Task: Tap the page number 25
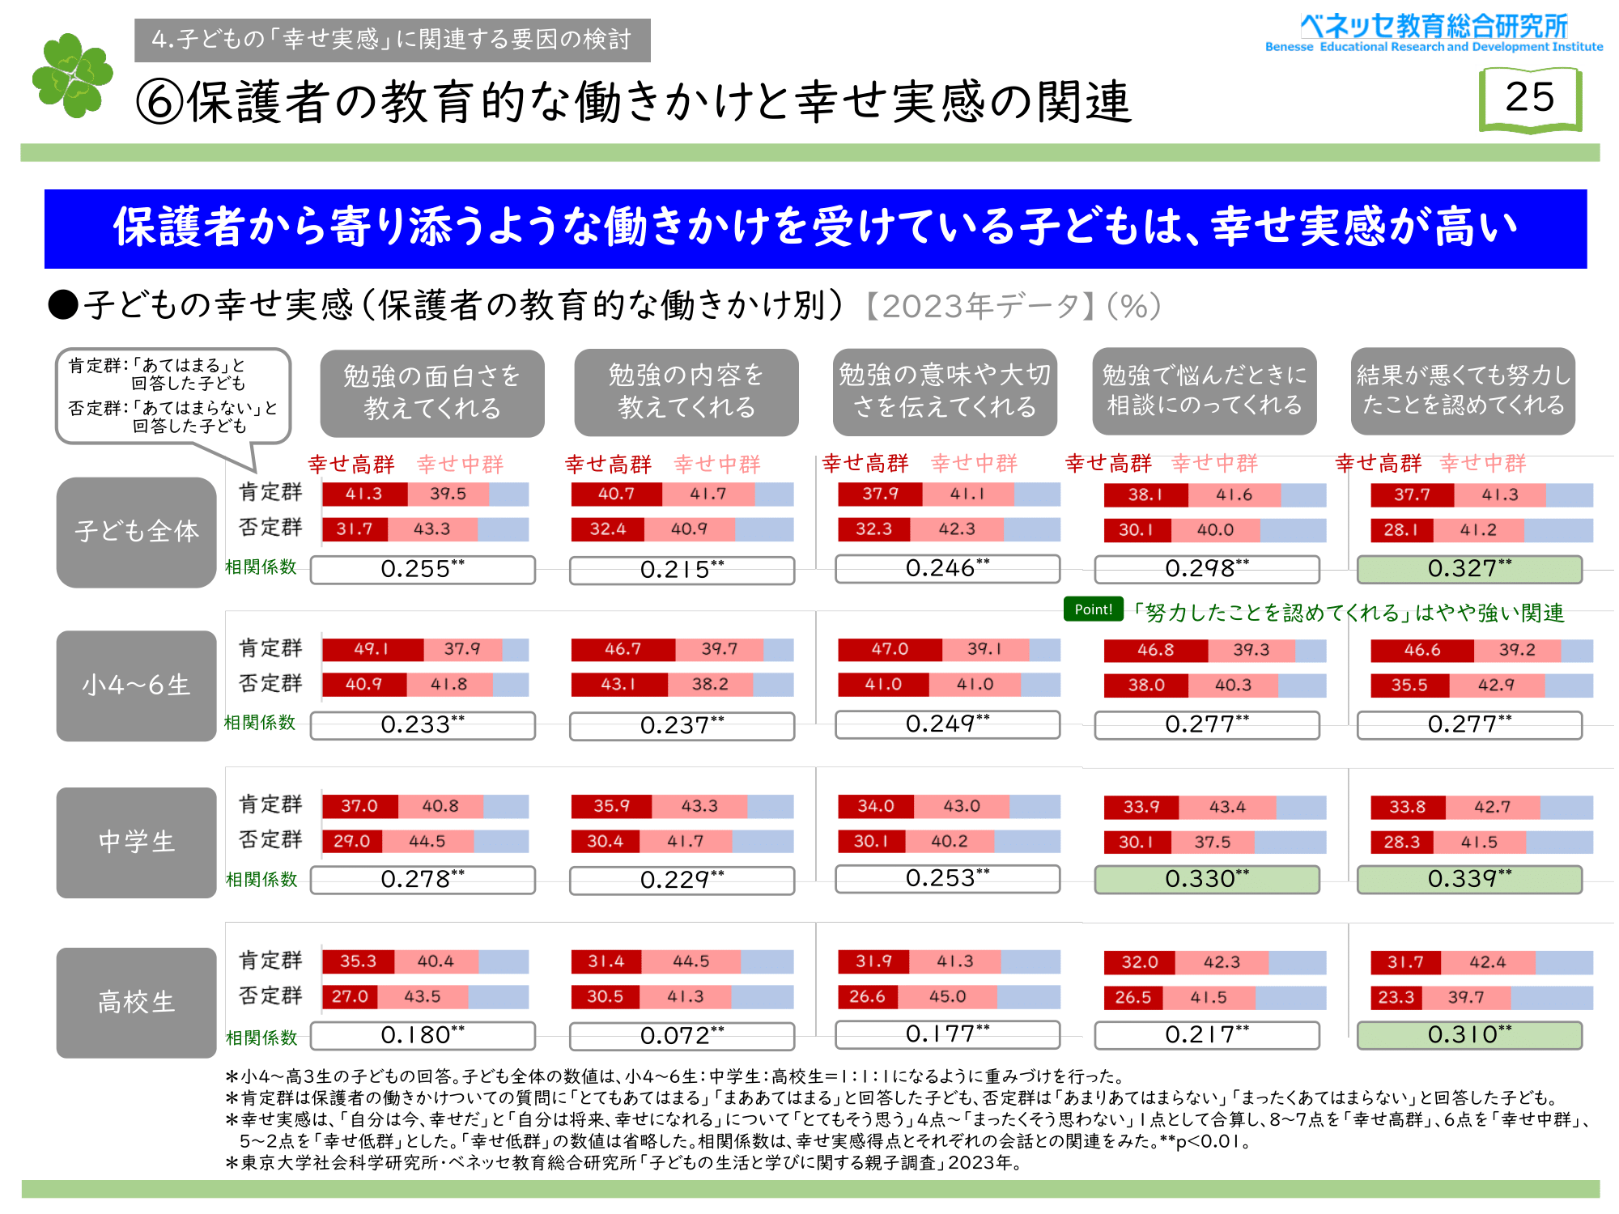coord(1529,98)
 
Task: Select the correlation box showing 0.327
coord(1468,569)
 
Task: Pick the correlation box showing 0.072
coord(682,1036)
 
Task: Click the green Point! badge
coord(1093,609)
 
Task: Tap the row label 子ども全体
coord(136,532)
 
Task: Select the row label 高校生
coord(136,1002)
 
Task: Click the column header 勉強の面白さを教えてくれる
coord(431,393)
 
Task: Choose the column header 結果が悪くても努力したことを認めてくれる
coord(1462,391)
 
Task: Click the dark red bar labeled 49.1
coord(372,649)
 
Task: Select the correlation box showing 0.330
coord(1206,880)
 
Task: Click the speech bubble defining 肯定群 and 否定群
coord(172,396)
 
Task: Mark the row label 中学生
coord(136,842)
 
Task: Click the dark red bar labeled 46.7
coord(623,649)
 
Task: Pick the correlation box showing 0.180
coord(423,1036)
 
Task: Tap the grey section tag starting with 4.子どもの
coord(392,40)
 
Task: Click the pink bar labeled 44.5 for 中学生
coord(427,841)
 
